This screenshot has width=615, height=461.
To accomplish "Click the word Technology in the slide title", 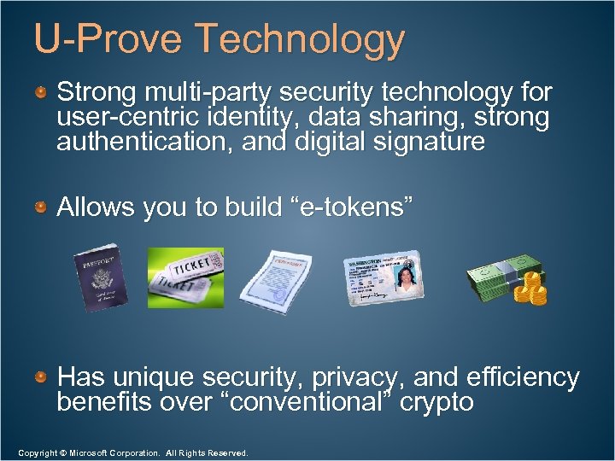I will pyautogui.click(x=300, y=40).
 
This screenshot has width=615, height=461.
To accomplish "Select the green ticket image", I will pyautogui.click(x=185, y=277).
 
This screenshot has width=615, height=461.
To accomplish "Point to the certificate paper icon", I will pyautogui.click(x=276, y=277).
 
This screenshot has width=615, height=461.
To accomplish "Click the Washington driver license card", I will pyautogui.click(x=382, y=277).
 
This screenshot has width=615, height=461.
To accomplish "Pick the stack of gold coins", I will pyautogui.click(x=533, y=288).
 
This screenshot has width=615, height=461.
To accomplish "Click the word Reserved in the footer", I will pyautogui.click(x=223, y=452).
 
